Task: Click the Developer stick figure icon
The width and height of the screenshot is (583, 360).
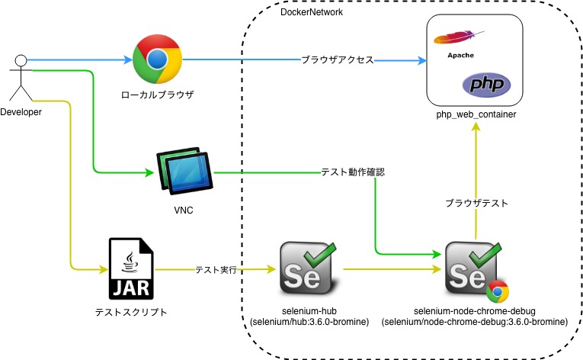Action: click(21, 77)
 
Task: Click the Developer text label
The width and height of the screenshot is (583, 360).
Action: click(21, 112)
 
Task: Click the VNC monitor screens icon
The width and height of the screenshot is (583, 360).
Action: click(184, 172)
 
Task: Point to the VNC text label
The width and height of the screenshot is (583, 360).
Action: click(184, 210)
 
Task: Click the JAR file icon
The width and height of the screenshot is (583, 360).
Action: click(130, 268)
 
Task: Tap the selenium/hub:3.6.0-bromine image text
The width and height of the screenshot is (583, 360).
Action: click(309, 323)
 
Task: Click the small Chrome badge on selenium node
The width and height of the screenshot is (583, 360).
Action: click(496, 291)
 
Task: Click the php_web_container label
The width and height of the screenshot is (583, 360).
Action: click(476, 114)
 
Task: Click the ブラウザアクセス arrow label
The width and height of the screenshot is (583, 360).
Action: click(337, 59)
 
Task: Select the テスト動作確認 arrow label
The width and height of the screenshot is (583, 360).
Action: click(352, 172)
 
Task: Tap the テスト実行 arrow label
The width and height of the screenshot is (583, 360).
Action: click(216, 269)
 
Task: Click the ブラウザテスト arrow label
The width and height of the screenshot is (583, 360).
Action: click(476, 203)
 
